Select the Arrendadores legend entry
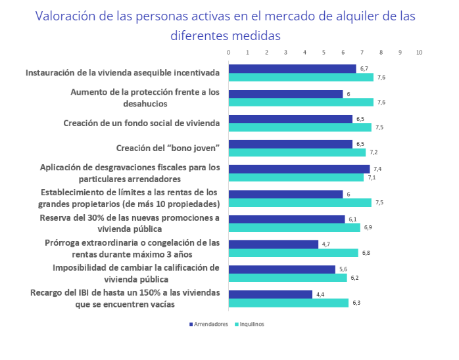tap(210, 324)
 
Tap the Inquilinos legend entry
tap(250, 324)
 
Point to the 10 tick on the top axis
tap(419, 52)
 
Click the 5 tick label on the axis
tap(324, 52)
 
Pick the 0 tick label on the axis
tap(228, 52)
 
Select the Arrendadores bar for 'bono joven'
tap(290, 144)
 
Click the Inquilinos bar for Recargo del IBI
tap(288, 303)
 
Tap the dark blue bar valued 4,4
tap(270, 294)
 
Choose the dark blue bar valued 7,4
tap(299, 169)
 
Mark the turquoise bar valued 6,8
tap(293, 253)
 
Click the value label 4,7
tap(326, 244)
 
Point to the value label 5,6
tap(343, 269)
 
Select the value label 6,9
tap(368, 227)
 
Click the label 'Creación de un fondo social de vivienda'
tap(141, 122)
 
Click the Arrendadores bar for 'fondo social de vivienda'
tap(290, 119)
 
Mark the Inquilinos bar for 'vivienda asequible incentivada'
tap(301, 77)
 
